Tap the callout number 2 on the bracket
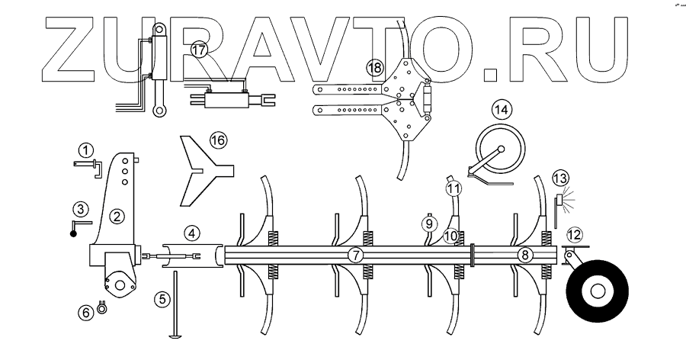click(116, 216)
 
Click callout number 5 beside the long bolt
click(162, 299)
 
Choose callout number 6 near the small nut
click(86, 310)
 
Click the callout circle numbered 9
click(429, 224)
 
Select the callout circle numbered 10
click(450, 236)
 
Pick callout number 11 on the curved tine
click(454, 187)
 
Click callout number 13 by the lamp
click(560, 178)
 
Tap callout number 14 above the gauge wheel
click(501, 109)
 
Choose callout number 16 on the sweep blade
click(218, 140)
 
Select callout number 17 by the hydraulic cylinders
click(199, 51)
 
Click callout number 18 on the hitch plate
click(374, 67)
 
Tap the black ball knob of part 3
click(74, 233)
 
